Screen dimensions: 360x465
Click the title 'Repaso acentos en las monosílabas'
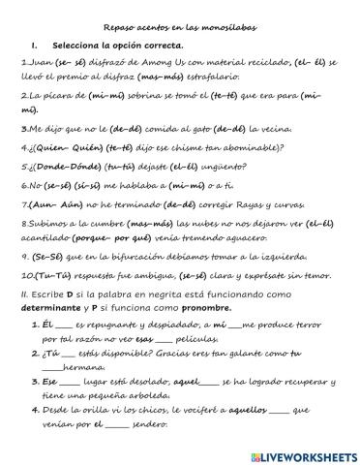(x=180, y=28)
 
